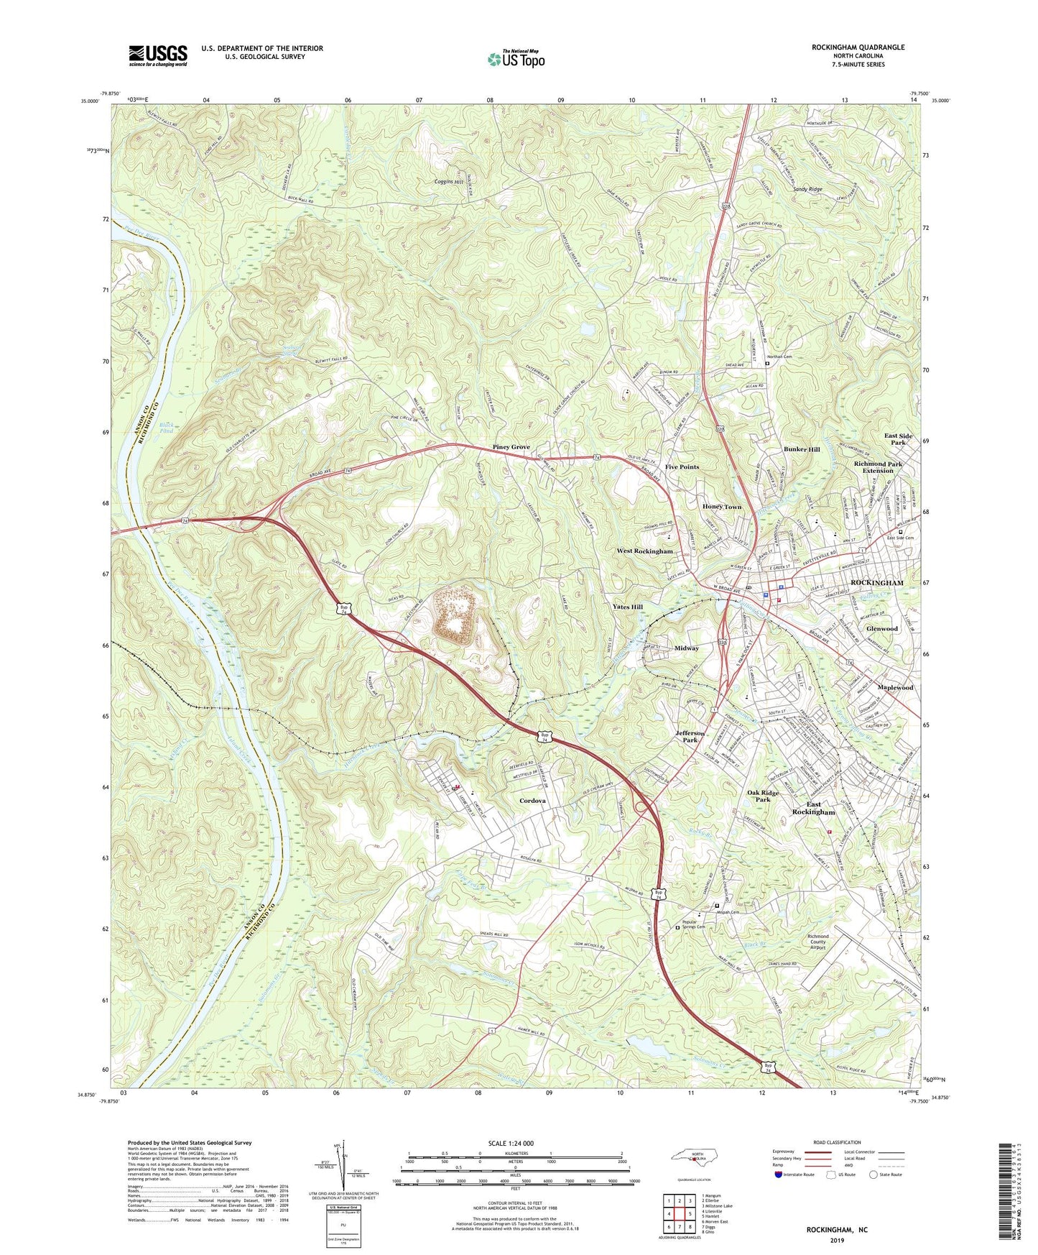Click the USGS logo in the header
click(158, 55)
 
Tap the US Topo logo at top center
click(515, 59)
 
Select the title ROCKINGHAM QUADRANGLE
click(858, 47)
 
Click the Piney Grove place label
click(511, 447)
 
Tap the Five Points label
click(682, 467)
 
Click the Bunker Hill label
click(801, 449)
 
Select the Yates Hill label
click(627, 607)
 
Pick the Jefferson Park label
click(690, 736)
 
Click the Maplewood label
click(894, 687)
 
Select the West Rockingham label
click(644, 551)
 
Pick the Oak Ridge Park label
click(763, 796)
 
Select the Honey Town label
click(722, 507)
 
